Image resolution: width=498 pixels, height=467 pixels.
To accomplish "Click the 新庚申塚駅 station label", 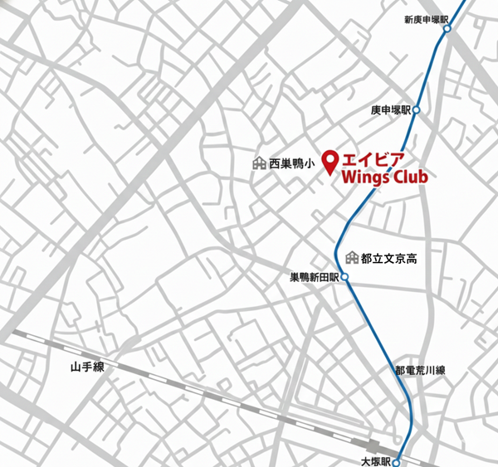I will [425, 18].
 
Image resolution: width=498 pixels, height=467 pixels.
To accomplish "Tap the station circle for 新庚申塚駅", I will [447, 28].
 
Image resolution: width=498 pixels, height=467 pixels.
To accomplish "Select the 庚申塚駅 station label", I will [392, 110].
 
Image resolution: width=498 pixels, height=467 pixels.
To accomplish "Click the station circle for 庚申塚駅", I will [416, 109].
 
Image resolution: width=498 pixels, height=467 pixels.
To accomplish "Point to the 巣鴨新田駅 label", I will [314, 277].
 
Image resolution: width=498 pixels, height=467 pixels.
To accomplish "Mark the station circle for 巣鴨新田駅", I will [344, 277].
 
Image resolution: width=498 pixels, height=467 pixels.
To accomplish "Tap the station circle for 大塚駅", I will [397, 460].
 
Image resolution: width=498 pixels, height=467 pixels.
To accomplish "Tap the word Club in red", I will [406, 175].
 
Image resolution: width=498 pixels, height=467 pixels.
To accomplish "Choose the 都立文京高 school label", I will [389, 259].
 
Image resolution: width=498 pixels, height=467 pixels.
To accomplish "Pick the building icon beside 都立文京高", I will [353, 258].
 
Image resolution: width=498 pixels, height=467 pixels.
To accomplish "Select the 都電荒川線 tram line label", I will [420, 370].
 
